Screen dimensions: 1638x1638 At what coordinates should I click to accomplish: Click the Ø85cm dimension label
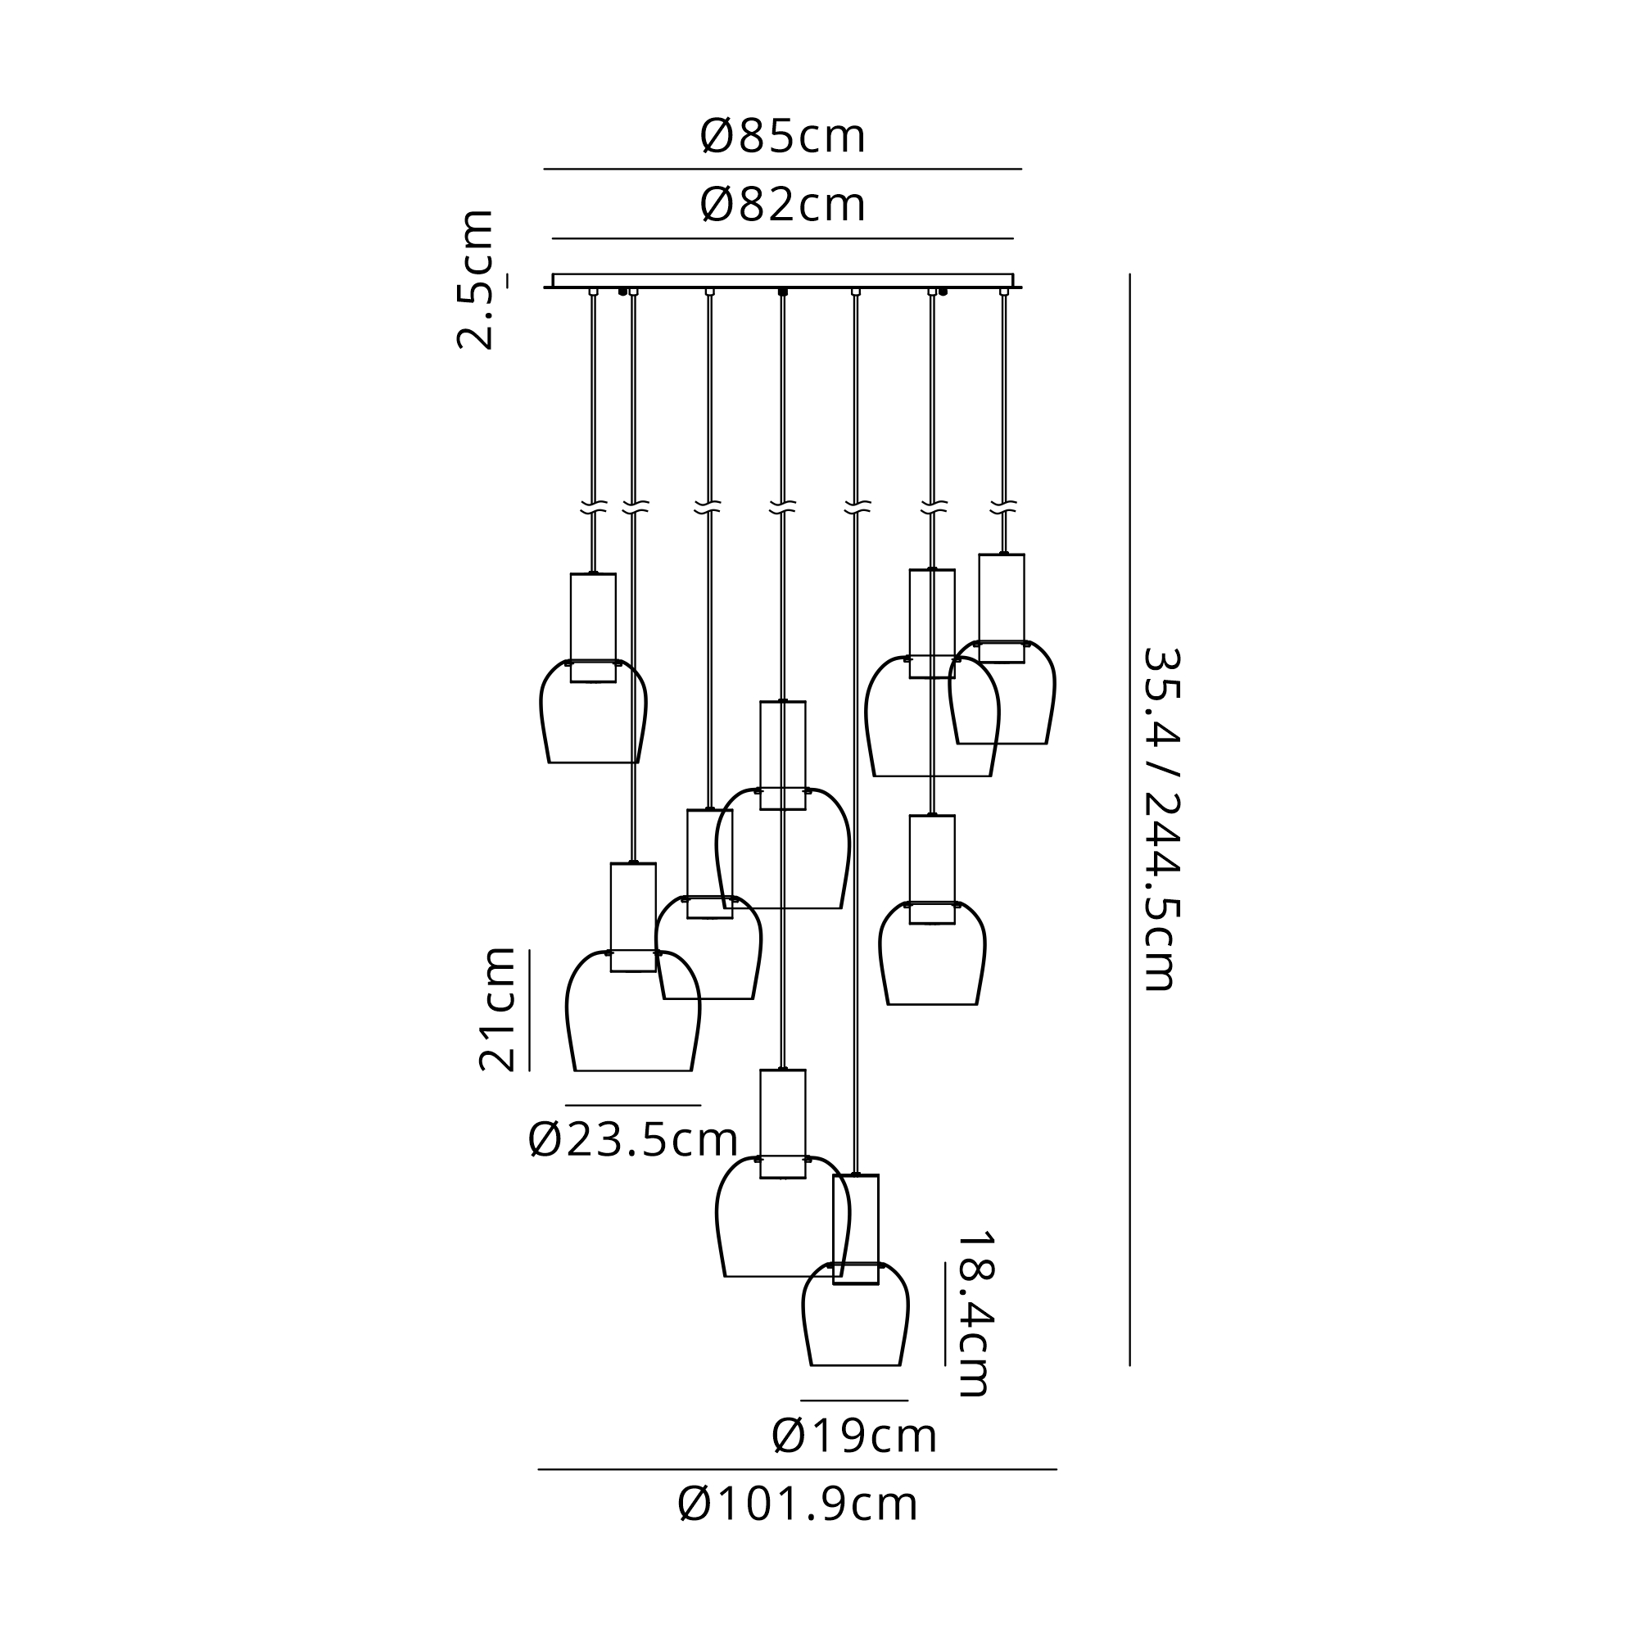(782, 137)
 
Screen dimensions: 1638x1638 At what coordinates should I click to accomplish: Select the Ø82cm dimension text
(782, 206)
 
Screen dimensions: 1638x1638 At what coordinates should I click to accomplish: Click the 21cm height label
(498, 1010)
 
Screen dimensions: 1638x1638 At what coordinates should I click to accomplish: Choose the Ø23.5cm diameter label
(632, 1140)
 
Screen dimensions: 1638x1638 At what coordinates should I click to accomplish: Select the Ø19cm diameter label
(853, 1437)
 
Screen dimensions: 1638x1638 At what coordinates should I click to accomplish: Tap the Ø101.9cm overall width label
(798, 1505)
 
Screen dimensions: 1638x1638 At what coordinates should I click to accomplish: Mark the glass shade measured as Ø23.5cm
(632, 1017)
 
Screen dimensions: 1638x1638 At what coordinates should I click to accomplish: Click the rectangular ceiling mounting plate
(782, 281)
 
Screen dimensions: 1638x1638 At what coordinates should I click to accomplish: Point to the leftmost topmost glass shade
(593, 717)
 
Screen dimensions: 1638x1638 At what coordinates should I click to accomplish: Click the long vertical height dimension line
(1129, 819)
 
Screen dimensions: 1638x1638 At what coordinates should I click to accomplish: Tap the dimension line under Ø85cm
(782, 170)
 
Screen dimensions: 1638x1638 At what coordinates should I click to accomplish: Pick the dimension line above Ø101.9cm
(798, 1469)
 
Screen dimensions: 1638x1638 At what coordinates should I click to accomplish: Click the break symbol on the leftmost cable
(594, 509)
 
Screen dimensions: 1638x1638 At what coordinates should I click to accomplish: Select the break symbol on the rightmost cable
(1004, 509)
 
